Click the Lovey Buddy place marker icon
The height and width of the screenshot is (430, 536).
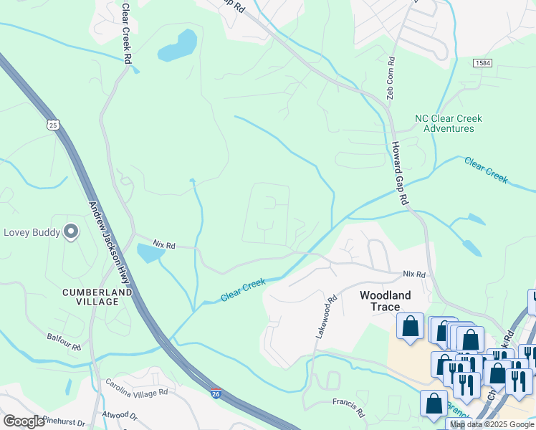[x=70, y=231]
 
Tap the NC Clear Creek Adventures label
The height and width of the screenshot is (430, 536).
[x=448, y=123]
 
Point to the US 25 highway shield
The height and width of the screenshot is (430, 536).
[x=52, y=125]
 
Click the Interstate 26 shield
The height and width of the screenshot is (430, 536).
[x=216, y=393]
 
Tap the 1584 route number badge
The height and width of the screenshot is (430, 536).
[x=482, y=64]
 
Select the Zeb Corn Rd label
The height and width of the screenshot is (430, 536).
[x=391, y=79]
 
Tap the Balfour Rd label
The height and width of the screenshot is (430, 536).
[x=64, y=338]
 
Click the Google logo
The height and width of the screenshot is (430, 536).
[x=24, y=421]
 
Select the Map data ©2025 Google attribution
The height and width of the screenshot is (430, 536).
[x=492, y=424]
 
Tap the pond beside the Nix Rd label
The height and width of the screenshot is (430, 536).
[x=148, y=252]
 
